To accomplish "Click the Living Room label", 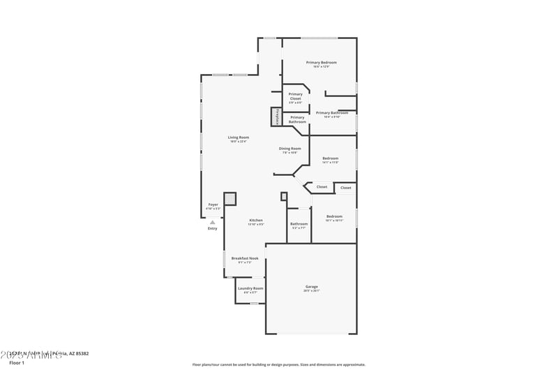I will point(239,137).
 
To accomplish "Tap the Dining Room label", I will point(290,149).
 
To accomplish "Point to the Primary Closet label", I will point(296,96).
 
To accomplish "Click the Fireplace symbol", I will point(277,117).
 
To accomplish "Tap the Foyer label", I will point(213,204).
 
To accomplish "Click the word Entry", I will point(213,228).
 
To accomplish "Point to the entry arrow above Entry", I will point(213,222).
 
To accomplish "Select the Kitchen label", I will point(256,221).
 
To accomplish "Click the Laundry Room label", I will point(250,288).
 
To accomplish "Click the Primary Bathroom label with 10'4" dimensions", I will point(332,113).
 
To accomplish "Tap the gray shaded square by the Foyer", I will point(230,200).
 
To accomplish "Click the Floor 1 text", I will point(17,363).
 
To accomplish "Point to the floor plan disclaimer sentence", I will point(279,364).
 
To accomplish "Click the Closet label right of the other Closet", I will point(346,188).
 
